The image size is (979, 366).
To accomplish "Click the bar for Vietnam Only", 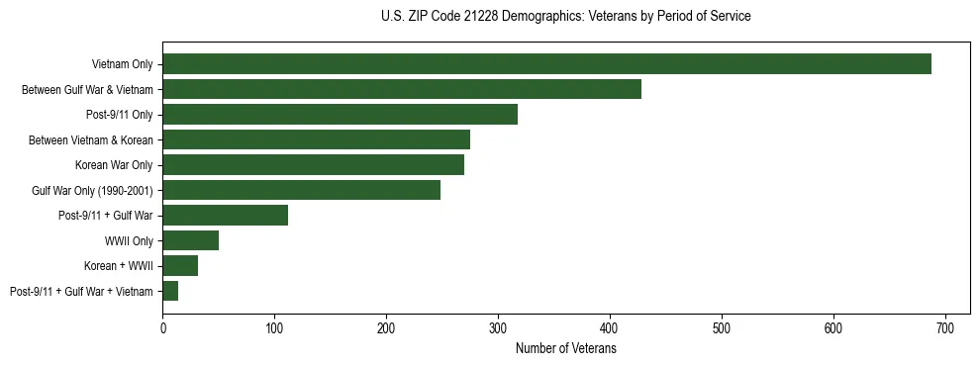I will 546,63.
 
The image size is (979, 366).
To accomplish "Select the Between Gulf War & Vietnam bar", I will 402,89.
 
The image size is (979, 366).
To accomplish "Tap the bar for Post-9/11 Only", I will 340,115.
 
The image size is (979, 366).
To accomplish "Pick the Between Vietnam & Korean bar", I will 316,139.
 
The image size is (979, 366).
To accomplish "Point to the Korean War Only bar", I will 313,164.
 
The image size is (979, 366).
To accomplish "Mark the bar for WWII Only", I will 190,240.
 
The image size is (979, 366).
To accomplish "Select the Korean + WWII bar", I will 180,265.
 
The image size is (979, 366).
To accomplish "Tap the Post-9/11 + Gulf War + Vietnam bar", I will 170,291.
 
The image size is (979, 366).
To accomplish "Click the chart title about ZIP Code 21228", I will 565,16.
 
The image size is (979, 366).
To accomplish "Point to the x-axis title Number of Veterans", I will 565,348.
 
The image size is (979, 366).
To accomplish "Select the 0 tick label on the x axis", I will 162,327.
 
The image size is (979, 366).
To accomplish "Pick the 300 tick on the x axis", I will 498,327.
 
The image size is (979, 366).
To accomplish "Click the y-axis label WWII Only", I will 128,240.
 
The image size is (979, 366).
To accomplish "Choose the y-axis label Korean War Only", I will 113,164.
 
